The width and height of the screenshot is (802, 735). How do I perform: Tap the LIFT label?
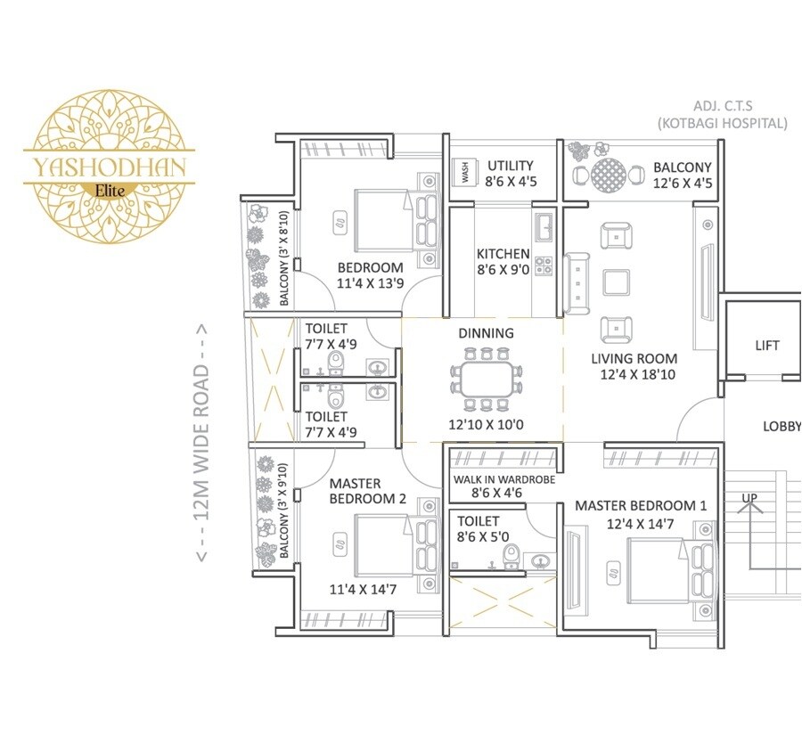(766, 346)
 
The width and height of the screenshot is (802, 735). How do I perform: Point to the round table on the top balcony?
(610, 174)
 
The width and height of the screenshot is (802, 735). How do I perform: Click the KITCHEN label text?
(503, 254)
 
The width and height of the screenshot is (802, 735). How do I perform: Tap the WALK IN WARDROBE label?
(504, 479)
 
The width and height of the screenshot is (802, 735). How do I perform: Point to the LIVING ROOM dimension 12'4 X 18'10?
(634, 376)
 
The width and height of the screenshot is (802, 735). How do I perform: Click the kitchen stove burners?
(543, 264)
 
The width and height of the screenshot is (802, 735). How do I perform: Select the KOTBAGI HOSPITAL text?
(722, 124)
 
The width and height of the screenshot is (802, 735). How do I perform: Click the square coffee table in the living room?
(617, 282)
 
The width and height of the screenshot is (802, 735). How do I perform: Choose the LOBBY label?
(781, 427)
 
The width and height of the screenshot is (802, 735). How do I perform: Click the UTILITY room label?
(510, 166)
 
